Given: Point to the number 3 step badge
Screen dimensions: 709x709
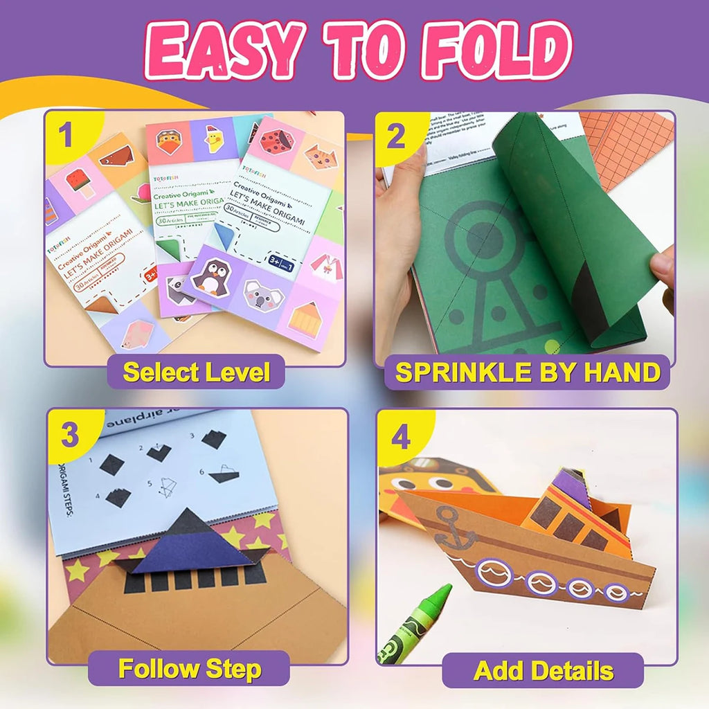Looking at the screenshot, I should [x=69, y=436].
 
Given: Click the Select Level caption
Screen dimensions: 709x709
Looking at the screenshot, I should [x=196, y=372].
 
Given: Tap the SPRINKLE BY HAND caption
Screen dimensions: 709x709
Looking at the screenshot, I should [x=528, y=372].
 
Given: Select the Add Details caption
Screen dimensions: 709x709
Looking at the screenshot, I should [x=544, y=670].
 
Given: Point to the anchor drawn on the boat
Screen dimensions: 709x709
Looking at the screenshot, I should [x=456, y=528].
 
